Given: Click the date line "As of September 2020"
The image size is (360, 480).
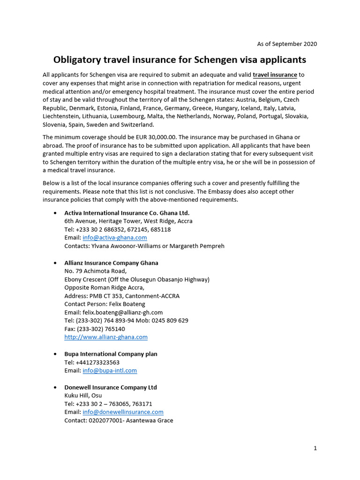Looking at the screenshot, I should [x=287, y=44].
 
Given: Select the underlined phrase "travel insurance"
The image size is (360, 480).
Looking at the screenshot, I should [x=275, y=75].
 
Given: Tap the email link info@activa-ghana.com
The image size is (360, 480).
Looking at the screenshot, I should [x=115, y=238].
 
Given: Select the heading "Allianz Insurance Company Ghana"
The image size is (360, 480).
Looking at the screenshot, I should [x=111, y=263].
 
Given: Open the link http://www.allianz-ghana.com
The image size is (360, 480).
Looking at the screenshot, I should [x=106, y=337].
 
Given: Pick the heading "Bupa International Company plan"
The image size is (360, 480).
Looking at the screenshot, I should [x=111, y=354].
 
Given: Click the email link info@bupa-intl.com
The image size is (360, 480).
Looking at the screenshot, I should [x=110, y=370].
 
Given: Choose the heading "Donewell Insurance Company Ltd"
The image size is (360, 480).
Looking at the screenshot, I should [x=111, y=387].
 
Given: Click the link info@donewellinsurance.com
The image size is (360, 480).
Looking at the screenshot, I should [x=123, y=412].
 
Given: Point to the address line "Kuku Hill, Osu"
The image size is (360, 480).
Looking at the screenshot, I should [x=83, y=396].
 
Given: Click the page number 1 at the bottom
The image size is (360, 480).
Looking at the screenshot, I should [x=315, y=448].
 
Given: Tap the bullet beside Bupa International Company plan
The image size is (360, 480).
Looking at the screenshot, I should [x=56, y=354].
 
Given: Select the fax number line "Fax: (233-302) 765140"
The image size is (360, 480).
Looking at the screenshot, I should [x=95, y=329].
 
